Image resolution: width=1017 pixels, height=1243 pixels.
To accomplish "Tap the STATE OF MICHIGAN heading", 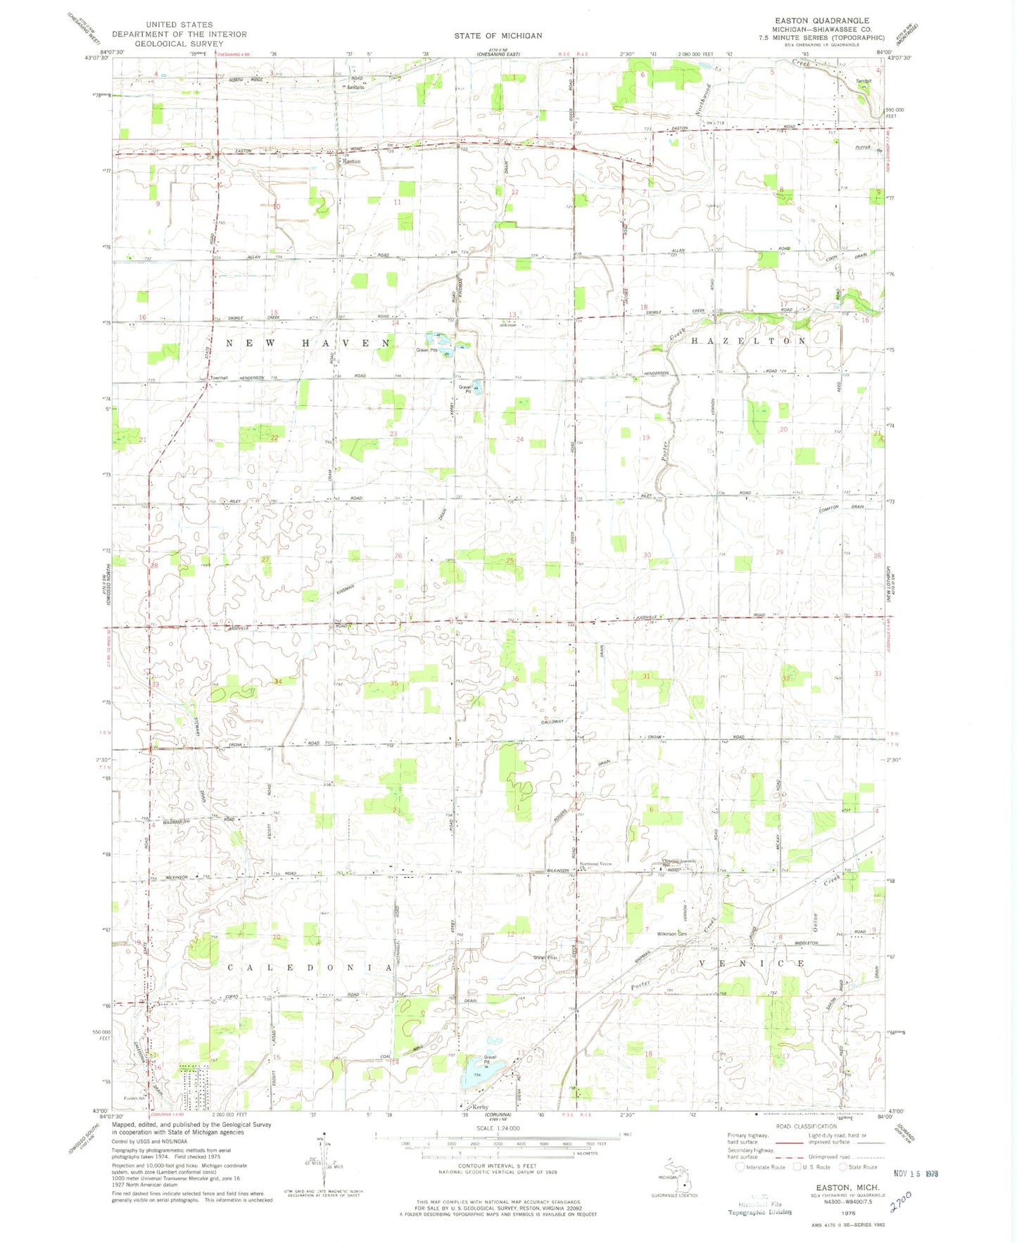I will point(498,35).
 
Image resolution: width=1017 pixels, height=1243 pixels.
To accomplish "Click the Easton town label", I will point(351,161).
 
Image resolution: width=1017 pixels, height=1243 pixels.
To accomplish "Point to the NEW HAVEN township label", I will point(308,343).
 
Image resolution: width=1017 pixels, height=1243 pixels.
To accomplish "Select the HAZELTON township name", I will point(749,340).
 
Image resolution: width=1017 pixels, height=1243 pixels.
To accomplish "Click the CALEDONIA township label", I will point(310,968).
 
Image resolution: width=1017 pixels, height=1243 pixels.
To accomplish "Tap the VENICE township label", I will point(751,963).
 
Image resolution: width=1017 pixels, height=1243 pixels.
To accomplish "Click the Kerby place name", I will point(481,1107).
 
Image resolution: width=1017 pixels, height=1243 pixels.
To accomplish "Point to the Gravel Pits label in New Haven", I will point(427,350).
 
